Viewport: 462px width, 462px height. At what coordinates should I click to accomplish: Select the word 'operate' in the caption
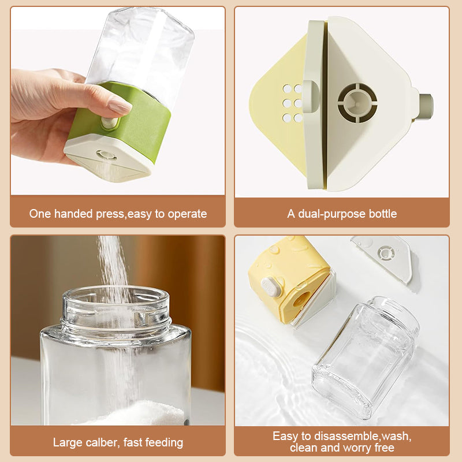[187, 214]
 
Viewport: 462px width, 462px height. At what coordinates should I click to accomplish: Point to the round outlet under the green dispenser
[106, 155]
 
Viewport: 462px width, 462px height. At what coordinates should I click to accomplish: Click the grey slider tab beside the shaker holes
[311, 96]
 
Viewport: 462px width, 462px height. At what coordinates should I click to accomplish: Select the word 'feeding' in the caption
[164, 442]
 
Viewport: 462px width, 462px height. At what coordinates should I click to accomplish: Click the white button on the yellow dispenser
[270, 286]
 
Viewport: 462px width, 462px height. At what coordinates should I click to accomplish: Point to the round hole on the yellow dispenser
[301, 300]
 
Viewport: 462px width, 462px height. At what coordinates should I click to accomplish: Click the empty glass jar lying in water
[366, 357]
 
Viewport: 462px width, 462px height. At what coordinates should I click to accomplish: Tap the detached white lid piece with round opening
[382, 257]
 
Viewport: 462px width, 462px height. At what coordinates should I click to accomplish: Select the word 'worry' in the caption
[356, 448]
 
